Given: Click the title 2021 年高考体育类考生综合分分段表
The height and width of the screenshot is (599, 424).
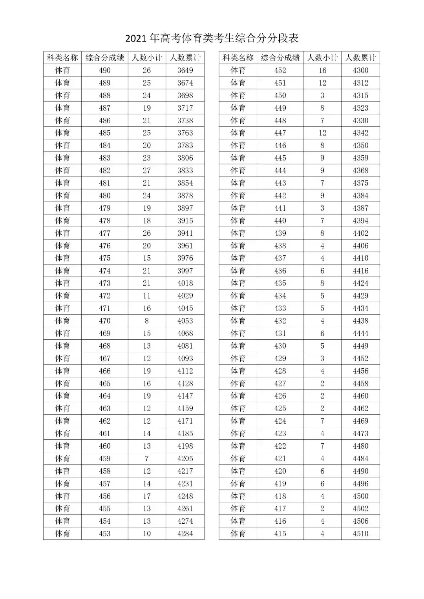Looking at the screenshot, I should click(x=212, y=38).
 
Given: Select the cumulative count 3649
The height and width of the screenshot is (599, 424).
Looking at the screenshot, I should click(x=185, y=71).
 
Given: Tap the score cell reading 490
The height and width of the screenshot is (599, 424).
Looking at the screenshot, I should click(x=105, y=71).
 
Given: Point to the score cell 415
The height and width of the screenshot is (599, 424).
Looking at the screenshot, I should click(x=280, y=534).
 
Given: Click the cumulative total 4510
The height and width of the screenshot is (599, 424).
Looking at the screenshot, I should click(x=360, y=534).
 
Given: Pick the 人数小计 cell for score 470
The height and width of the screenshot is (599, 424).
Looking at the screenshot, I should click(x=147, y=321).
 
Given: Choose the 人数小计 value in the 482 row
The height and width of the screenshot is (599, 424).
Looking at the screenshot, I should click(x=147, y=171).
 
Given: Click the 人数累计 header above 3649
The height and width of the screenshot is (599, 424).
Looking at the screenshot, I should click(x=185, y=58).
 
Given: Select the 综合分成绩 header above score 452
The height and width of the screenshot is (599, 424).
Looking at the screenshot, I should click(x=280, y=58).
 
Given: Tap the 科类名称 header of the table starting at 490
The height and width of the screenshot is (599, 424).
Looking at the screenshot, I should click(x=62, y=58).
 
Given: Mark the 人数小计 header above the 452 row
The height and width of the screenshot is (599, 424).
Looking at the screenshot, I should click(x=322, y=58).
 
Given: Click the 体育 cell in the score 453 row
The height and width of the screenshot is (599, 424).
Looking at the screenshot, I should click(x=62, y=534).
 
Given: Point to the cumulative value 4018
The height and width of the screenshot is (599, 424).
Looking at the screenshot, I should click(x=185, y=283).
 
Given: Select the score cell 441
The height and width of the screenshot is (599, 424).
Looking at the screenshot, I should click(x=280, y=208).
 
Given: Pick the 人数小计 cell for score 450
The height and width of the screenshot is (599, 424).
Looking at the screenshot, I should click(x=322, y=96).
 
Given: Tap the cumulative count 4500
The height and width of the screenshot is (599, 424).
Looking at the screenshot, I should click(x=360, y=496).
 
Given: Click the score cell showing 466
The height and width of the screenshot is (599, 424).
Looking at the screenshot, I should click(x=105, y=371).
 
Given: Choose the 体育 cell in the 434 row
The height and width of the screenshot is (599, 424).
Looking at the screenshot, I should click(x=238, y=296).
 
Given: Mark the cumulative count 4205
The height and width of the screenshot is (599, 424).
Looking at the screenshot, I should click(x=185, y=459).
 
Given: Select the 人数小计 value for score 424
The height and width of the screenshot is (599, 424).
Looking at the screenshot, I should click(x=322, y=421).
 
